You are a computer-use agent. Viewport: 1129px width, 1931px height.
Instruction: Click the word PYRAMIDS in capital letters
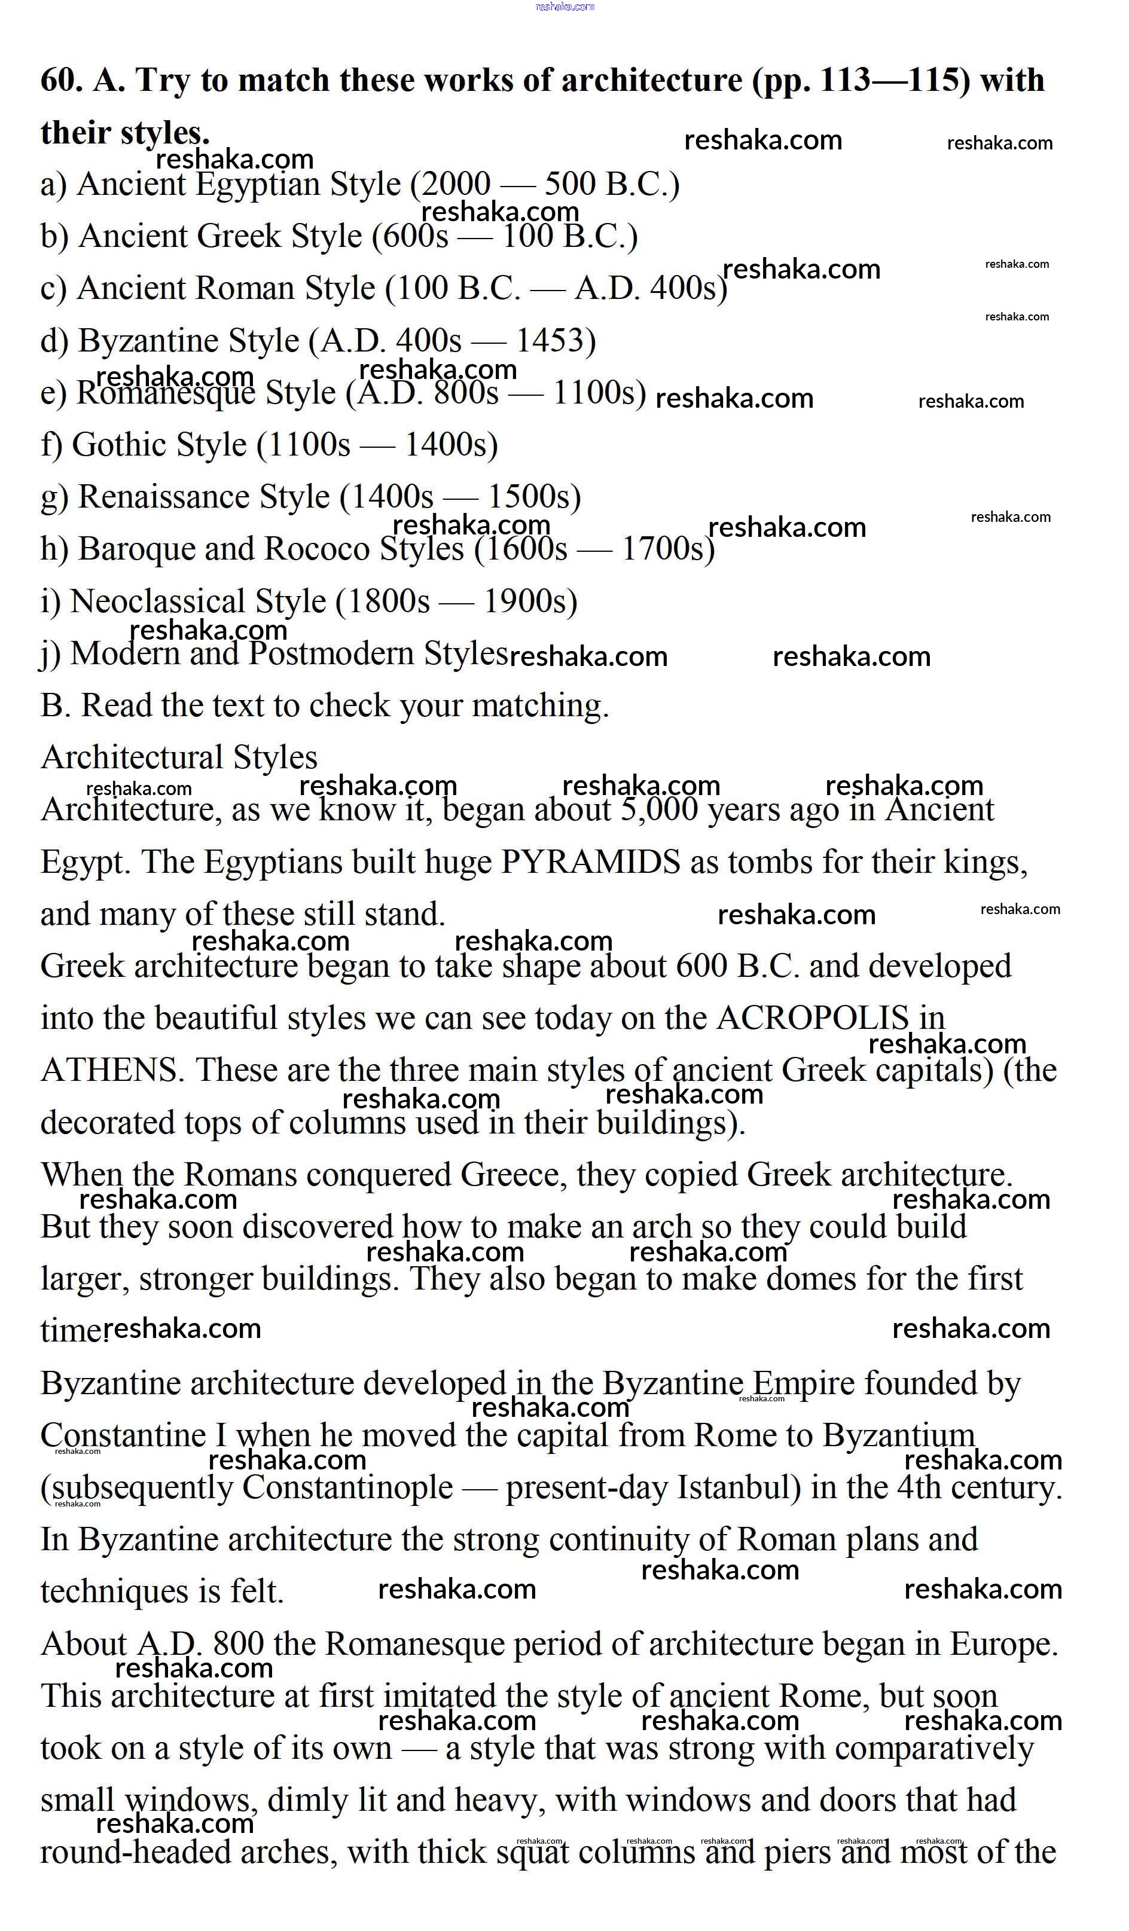[590, 863]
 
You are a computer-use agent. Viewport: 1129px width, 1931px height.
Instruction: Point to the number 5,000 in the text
[658, 810]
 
